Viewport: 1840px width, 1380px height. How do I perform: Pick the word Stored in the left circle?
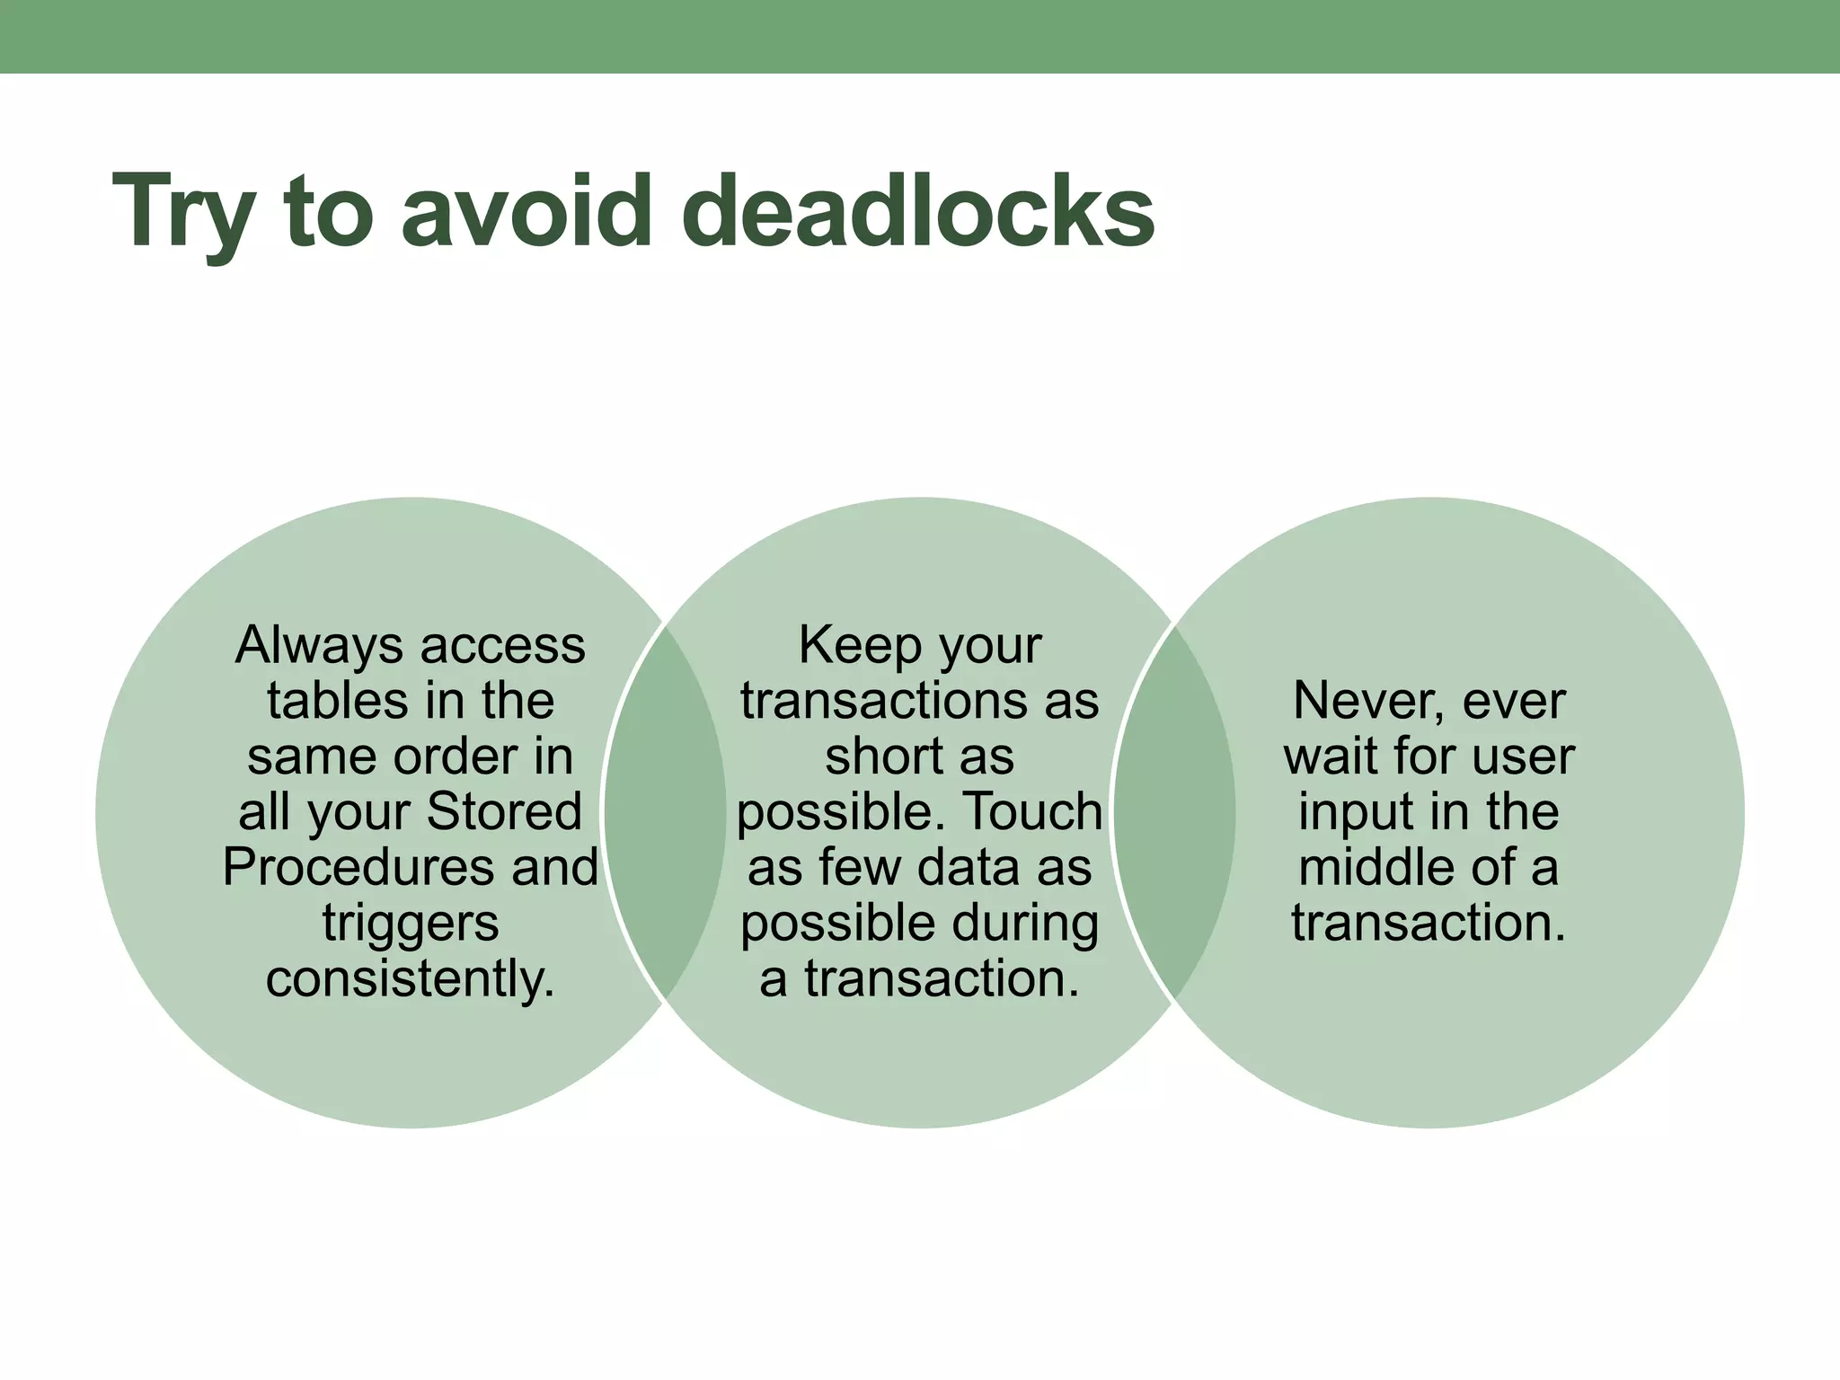[504, 812]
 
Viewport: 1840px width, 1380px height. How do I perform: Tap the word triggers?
[411, 924]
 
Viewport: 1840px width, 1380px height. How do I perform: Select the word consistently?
[411, 978]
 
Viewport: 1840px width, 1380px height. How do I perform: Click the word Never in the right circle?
[1366, 701]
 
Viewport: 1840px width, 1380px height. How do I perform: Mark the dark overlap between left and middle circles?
[665, 812]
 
